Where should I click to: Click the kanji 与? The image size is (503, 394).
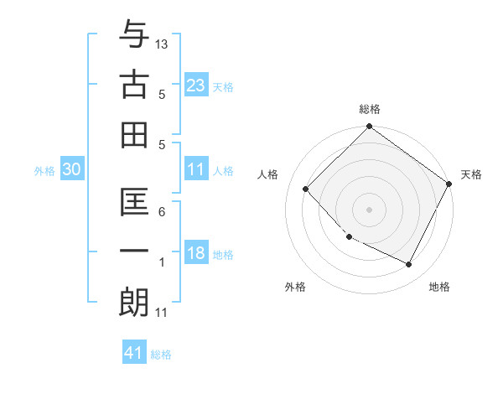point(134,38)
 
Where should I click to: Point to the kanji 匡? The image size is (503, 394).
point(134,202)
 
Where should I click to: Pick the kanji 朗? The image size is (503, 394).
point(134,302)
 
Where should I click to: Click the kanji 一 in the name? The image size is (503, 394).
point(134,251)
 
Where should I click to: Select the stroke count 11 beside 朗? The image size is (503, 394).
point(162,313)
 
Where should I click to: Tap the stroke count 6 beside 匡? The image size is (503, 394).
point(162,212)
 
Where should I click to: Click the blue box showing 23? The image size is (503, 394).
point(196,85)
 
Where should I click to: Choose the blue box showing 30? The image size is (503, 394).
point(72,170)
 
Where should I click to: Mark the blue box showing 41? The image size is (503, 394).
point(134,353)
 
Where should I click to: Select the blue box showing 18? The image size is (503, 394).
point(196,254)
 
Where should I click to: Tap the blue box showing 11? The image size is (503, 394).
point(196,170)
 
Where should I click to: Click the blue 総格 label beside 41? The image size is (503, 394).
point(161,355)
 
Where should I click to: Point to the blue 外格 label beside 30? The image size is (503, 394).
point(44,171)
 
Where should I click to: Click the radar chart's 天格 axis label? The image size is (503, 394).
point(471,174)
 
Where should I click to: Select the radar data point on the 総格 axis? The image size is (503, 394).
point(369,127)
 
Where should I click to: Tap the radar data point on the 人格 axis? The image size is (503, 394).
point(306,189)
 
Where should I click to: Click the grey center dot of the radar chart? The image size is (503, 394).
point(369,209)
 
